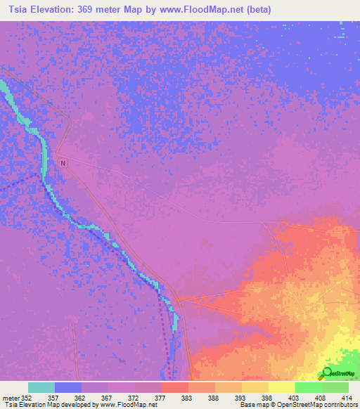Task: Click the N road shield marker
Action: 63,163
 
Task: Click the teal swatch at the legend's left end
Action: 41,387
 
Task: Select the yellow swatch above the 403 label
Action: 281,387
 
